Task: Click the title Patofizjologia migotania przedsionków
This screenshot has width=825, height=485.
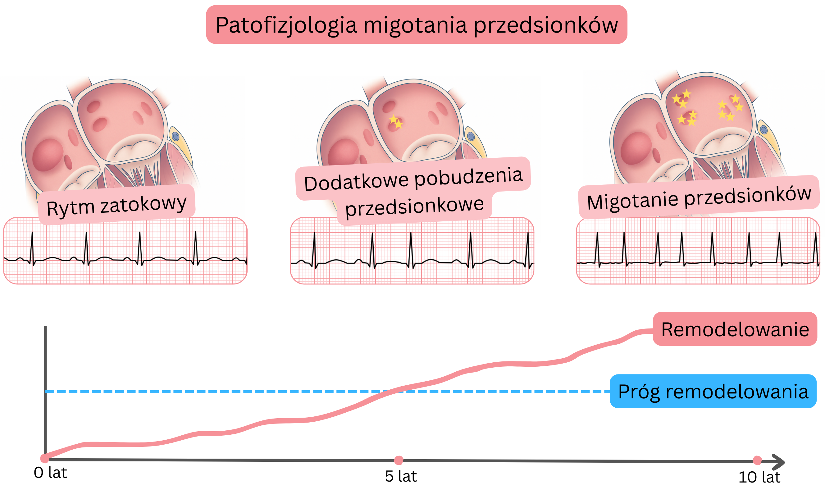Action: [x=416, y=25]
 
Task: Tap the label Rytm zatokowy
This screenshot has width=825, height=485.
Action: [x=116, y=205]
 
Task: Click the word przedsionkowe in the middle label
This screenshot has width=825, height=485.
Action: [x=414, y=206]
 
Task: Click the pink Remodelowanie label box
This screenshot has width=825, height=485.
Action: [x=735, y=329]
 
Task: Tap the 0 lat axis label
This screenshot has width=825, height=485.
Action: [x=50, y=473]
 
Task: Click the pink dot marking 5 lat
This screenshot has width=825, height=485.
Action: [x=399, y=460]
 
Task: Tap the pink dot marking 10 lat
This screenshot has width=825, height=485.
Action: [x=757, y=460]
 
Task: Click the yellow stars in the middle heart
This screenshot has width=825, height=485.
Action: [x=396, y=121]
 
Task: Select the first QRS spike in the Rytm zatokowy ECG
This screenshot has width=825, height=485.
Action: [x=32, y=247]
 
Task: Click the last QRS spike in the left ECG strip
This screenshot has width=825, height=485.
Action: [x=195, y=247]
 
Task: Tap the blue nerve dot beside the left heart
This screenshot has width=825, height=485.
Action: [x=175, y=136]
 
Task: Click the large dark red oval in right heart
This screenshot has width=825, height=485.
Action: [x=636, y=148]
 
